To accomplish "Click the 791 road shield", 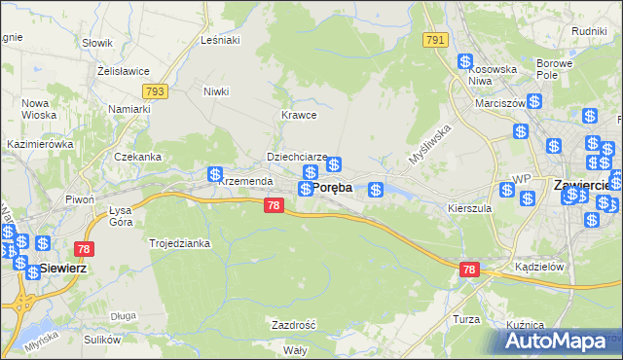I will click(435, 40).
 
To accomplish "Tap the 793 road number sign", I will click(154, 91).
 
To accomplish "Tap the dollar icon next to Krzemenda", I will click(215, 175).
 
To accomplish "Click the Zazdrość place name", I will click(294, 325).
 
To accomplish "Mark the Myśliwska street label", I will click(431, 147).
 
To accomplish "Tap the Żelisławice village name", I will click(122, 71).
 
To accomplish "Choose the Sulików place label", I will click(102, 340).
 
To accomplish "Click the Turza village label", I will click(467, 319).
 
